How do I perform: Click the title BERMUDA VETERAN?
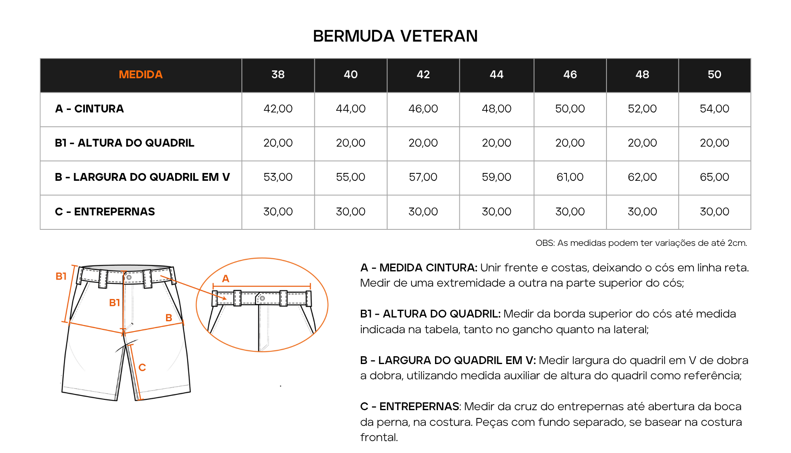pyautogui.click(x=395, y=36)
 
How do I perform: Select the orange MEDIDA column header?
pyautogui.click(x=140, y=75)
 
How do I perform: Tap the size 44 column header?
pyautogui.click(x=496, y=75)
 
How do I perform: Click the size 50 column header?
pyautogui.click(x=714, y=75)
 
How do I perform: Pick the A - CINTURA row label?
pyautogui.click(x=89, y=109)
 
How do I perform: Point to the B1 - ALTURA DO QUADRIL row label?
pyautogui.click(x=124, y=143)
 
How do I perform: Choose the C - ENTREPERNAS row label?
pyautogui.click(x=105, y=212)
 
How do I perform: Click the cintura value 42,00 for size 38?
pyautogui.click(x=278, y=109)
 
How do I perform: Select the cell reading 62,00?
pyautogui.click(x=642, y=177)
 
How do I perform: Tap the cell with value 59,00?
pyautogui.click(x=496, y=177)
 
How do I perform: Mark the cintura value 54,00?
pyautogui.click(x=714, y=109)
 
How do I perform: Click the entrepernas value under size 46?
pyautogui.click(x=570, y=212)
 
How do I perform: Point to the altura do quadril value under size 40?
pyautogui.click(x=351, y=143)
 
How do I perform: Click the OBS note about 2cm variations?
pyautogui.click(x=641, y=243)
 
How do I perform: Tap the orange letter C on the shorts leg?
pyautogui.click(x=142, y=367)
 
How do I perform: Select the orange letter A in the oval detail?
pyautogui.click(x=225, y=279)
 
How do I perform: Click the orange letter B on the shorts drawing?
pyautogui.click(x=168, y=318)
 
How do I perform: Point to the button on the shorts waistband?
pyautogui.click(x=129, y=277)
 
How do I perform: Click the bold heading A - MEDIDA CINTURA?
pyautogui.click(x=419, y=268)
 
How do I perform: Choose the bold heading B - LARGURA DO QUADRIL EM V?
pyautogui.click(x=448, y=360)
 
